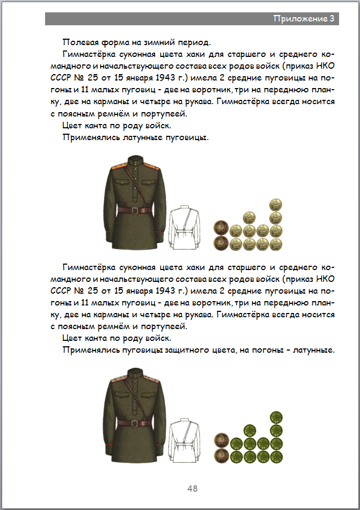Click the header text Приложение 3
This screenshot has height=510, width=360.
tap(304, 19)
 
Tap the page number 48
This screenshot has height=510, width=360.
tap(193, 489)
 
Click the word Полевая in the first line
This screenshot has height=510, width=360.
tap(80, 42)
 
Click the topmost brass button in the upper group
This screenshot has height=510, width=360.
tap(276, 204)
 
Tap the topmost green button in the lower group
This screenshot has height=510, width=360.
tap(276, 417)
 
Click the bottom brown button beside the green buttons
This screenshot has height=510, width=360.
tap(221, 457)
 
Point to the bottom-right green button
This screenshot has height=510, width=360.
tap(276, 457)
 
